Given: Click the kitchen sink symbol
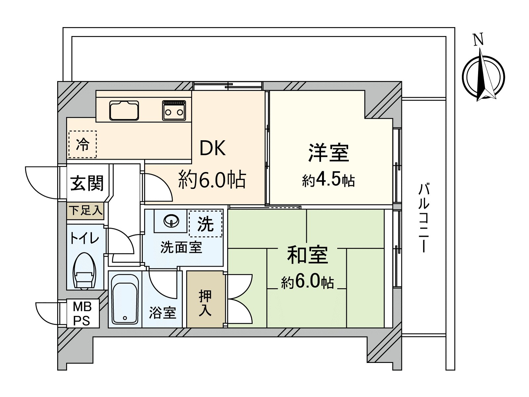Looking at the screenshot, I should tap(124, 110).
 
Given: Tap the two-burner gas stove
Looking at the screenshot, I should tap(174, 110).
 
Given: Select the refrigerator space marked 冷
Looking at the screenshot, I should tap(83, 145).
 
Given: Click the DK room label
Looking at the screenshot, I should tap(213, 148).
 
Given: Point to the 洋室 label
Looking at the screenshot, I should tap(328, 153).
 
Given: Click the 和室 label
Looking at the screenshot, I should tap(307, 255).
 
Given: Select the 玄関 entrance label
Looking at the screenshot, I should tap(87, 183).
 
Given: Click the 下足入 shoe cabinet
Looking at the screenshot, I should tap(86, 210).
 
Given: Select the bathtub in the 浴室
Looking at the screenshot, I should tap(125, 299).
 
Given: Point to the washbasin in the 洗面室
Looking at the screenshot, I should tap(171, 220).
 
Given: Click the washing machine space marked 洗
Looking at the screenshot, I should tap(205, 224).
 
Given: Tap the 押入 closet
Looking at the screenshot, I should tap(205, 299).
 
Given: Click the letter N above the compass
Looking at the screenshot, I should tap(478, 40).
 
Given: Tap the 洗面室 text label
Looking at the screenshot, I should tap(181, 247).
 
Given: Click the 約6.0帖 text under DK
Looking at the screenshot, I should tap(212, 180).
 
